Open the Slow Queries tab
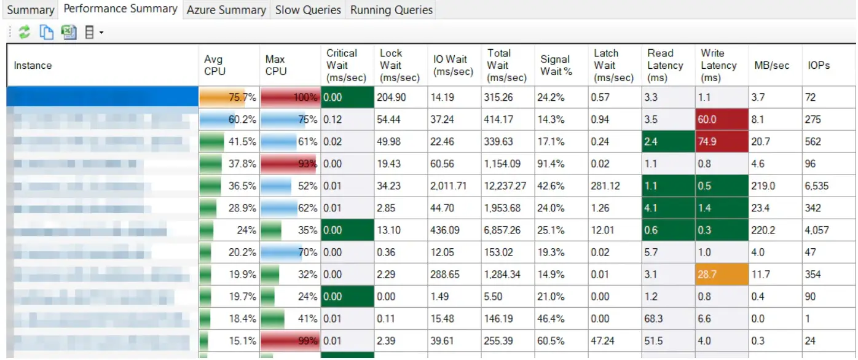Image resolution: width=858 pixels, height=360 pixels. [308, 10]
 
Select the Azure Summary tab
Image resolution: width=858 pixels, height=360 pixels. [226, 10]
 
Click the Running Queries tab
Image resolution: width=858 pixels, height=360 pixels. [392, 10]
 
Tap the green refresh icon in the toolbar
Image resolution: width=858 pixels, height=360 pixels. [25, 33]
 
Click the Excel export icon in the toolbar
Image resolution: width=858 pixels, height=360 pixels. [69, 33]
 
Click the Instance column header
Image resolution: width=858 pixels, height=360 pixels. [33, 65]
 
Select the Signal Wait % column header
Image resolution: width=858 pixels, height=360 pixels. [556, 65]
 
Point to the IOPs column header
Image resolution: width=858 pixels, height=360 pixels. [819, 65]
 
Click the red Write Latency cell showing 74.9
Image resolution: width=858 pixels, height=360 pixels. [721, 142]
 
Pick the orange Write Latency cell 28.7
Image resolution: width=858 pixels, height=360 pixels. [721, 275]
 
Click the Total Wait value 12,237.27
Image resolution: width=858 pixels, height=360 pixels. [506, 186]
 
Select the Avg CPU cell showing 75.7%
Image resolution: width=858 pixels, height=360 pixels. [229, 98]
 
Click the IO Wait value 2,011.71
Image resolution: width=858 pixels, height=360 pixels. [453, 186]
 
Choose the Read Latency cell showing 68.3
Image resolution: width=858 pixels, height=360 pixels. [667, 319]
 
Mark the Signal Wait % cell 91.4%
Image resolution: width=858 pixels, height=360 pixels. [553, 164]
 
